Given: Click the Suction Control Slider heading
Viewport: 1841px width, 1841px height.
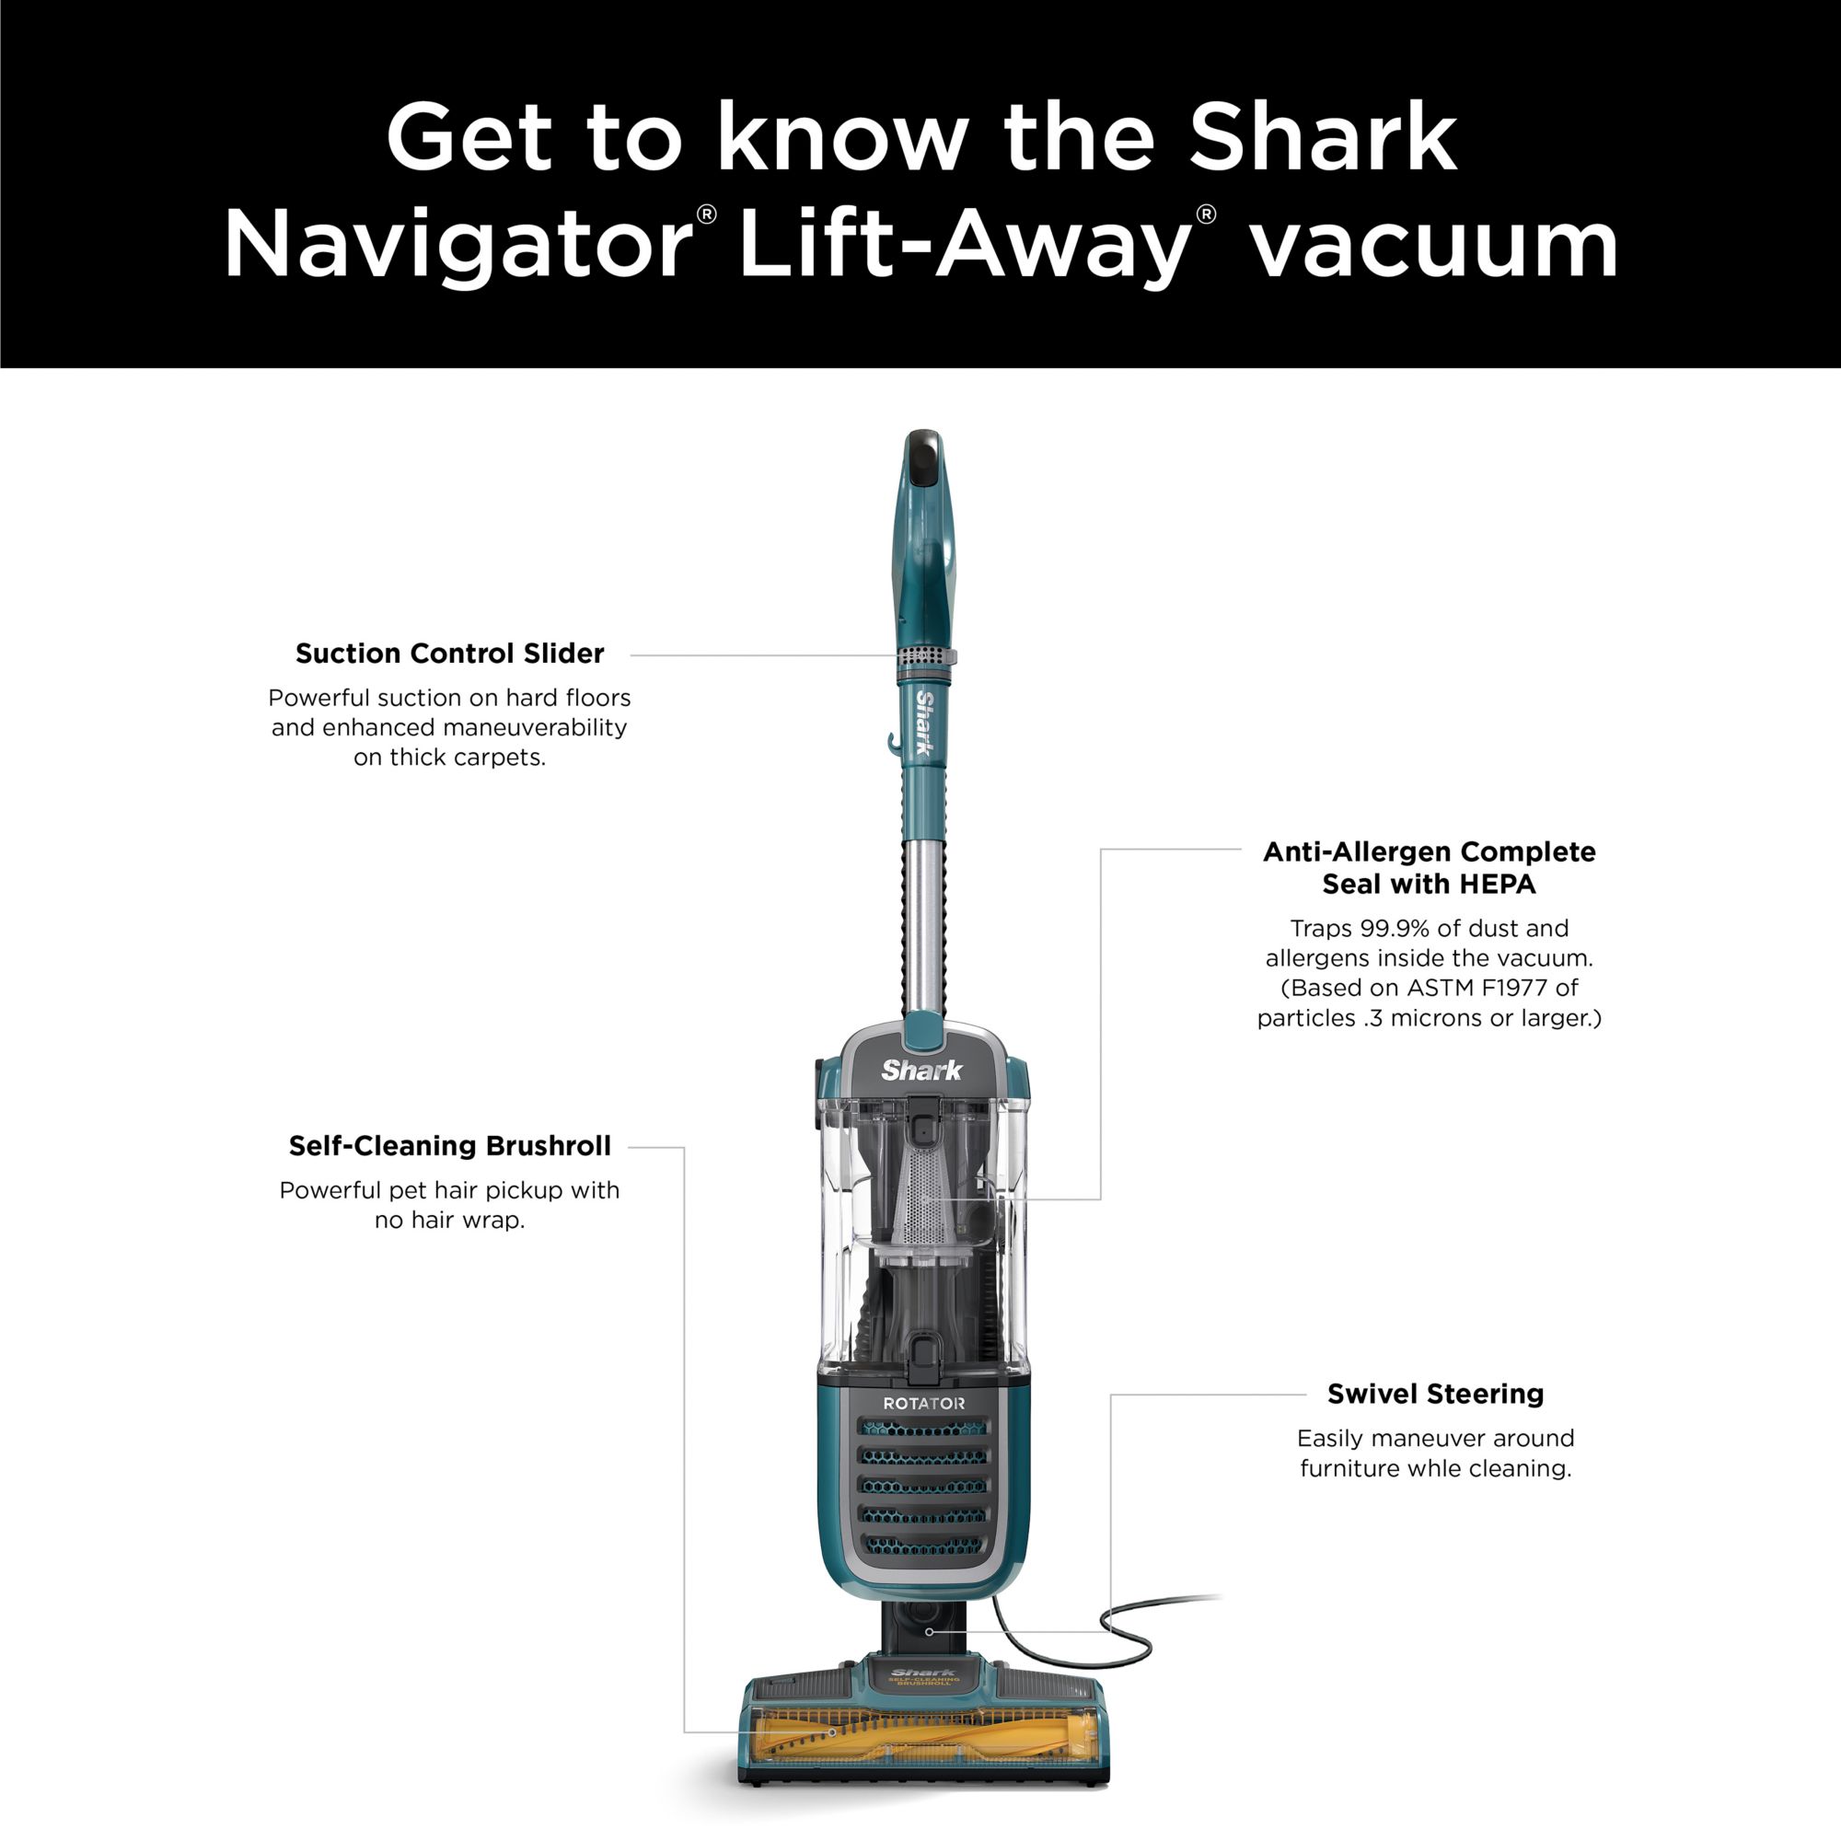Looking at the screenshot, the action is (x=450, y=654).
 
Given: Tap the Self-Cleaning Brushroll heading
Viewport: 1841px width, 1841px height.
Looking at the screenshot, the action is (x=450, y=1146).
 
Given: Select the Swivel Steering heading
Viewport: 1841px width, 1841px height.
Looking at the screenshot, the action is (x=1435, y=1394).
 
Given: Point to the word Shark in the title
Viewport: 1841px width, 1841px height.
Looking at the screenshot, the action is (x=1324, y=138).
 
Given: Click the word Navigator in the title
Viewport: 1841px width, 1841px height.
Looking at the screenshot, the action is (x=457, y=245).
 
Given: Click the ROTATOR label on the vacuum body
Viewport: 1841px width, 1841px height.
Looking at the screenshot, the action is (x=923, y=1404).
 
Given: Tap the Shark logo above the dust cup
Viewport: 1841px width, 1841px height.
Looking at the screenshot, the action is (x=921, y=1071).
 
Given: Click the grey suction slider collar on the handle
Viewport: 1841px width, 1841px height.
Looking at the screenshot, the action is (x=925, y=657).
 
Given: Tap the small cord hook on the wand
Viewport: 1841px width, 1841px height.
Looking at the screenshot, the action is (x=893, y=740).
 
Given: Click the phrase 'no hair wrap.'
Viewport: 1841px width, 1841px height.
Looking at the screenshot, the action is (x=450, y=1220).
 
